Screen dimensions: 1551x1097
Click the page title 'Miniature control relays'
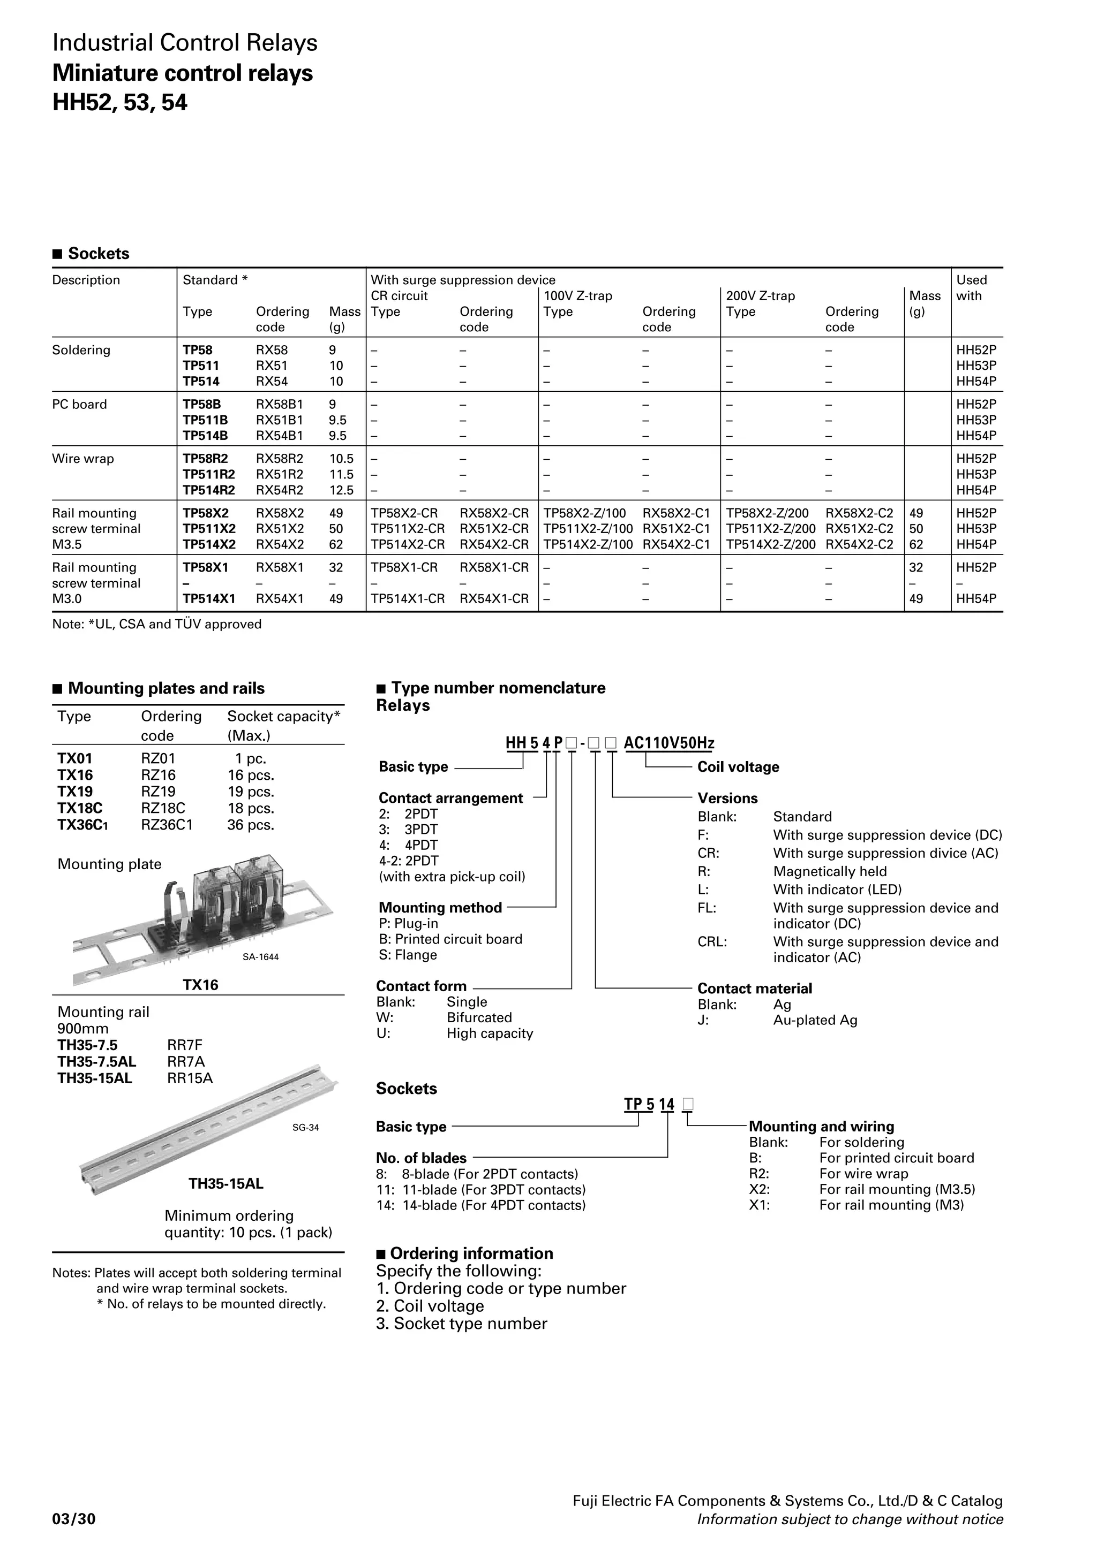click(x=183, y=73)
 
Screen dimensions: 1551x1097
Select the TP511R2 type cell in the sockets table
click(x=208, y=474)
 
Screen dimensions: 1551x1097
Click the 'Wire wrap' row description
click(x=83, y=459)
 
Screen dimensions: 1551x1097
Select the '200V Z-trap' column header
click(x=761, y=296)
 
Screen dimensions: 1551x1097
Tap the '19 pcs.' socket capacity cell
click(x=251, y=792)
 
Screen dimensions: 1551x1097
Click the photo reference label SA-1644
click(x=260, y=956)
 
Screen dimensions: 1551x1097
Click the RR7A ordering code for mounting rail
click(x=185, y=1061)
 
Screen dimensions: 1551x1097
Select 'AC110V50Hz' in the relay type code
click(x=668, y=743)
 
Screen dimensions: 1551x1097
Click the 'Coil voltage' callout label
click(x=738, y=767)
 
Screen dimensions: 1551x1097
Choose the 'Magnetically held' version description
click(x=829, y=871)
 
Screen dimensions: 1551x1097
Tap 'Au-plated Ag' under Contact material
click(x=815, y=1020)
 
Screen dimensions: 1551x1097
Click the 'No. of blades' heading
click(x=421, y=1158)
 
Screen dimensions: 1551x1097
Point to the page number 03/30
click(x=74, y=1519)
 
